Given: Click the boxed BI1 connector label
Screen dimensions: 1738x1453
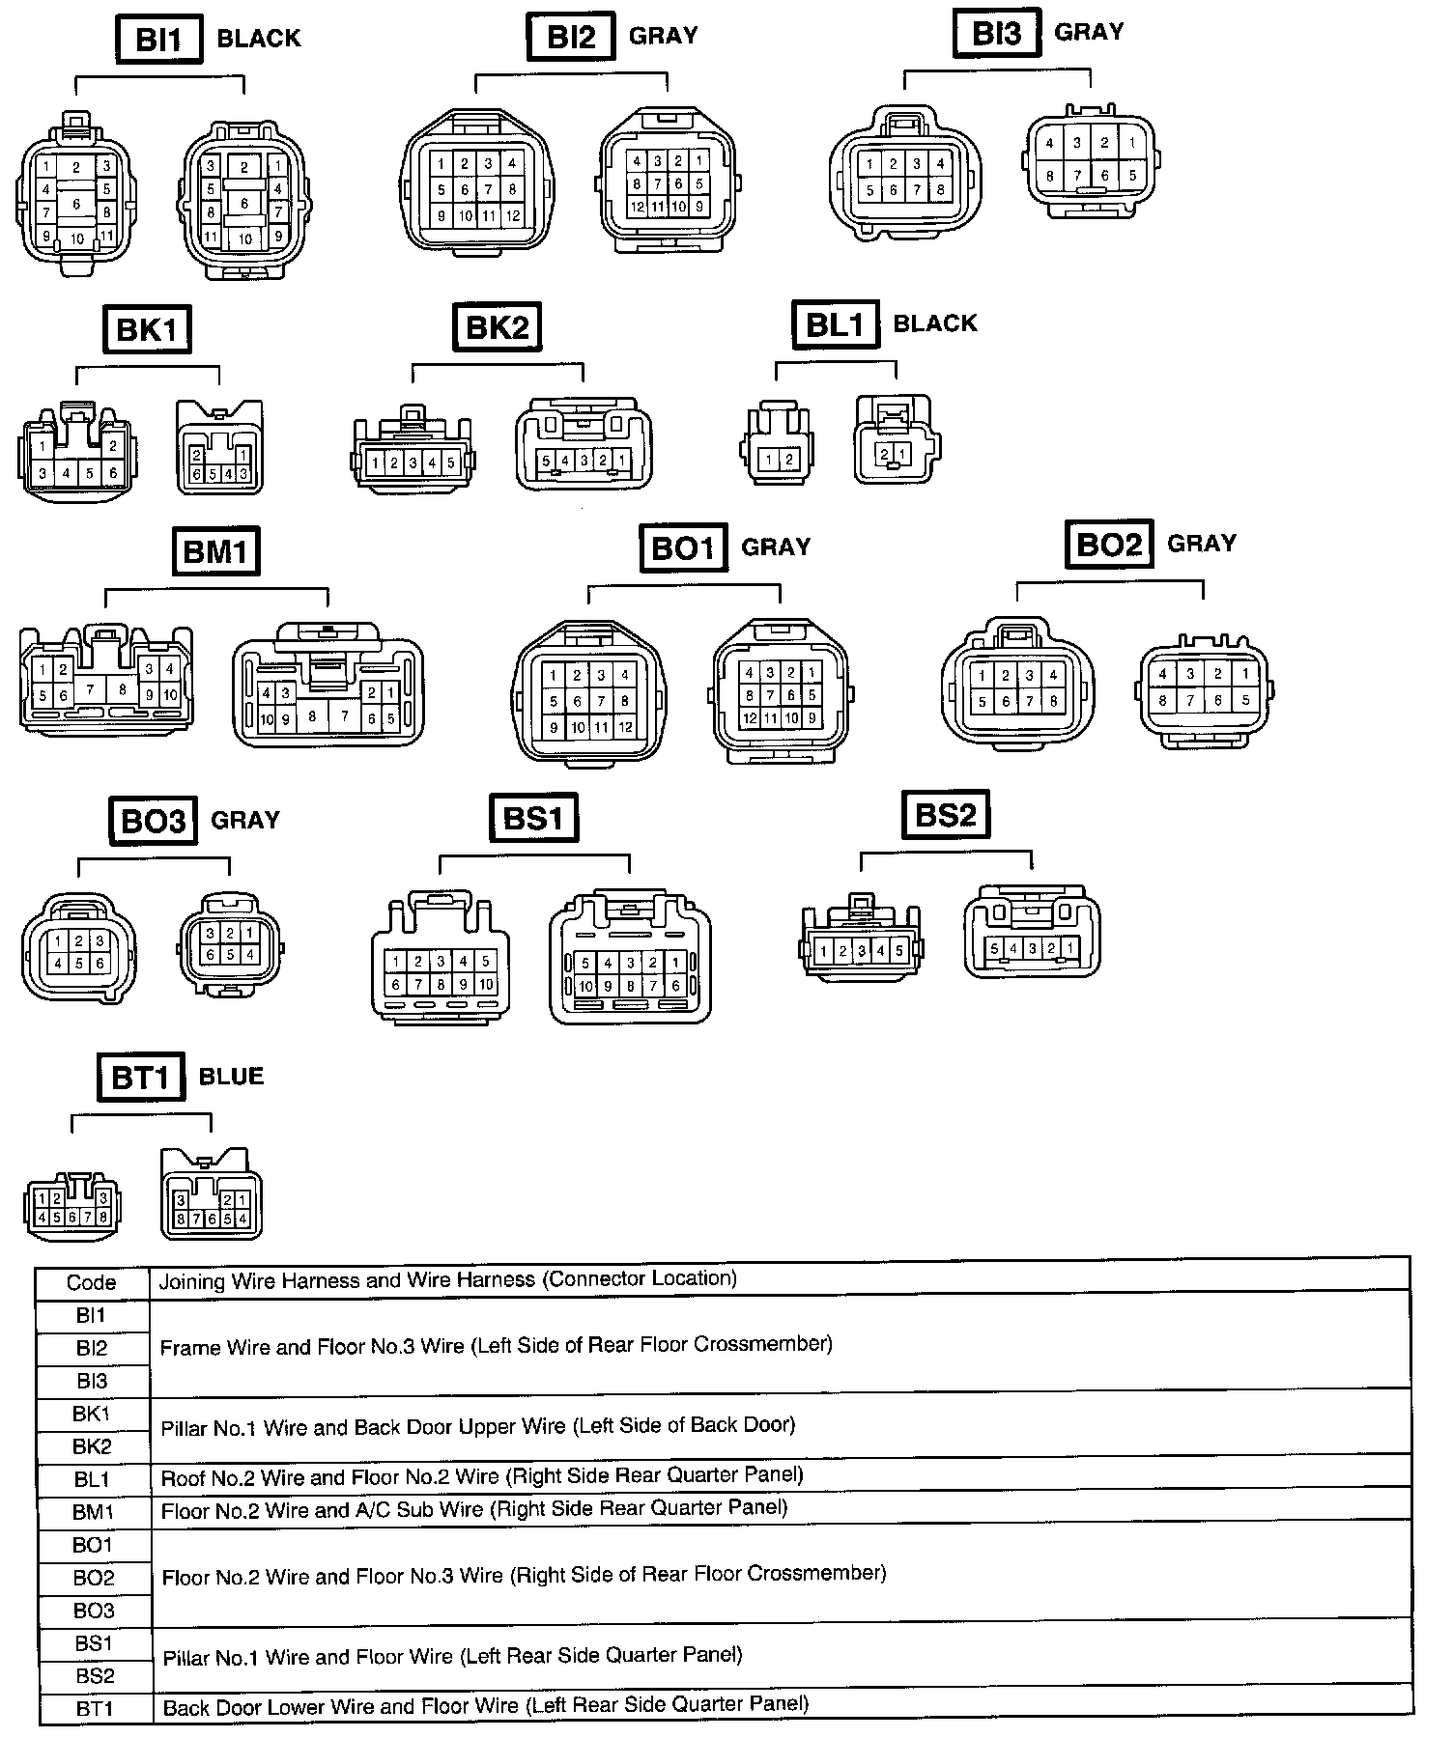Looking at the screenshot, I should [x=158, y=40].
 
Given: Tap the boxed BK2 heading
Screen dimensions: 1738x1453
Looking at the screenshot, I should [x=496, y=327].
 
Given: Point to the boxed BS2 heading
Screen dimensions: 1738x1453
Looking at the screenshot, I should [x=945, y=816].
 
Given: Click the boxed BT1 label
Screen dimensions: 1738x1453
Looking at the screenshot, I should [x=140, y=1077].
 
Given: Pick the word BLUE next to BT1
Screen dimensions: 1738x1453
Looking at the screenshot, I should [x=231, y=1077].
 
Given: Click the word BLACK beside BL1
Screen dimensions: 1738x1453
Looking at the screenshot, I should [x=934, y=323].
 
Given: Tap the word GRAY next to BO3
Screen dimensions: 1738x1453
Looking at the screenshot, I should [x=245, y=821].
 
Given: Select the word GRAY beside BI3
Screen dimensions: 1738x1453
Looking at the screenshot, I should [x=1089, y=32].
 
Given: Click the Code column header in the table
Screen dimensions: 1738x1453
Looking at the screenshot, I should [x=92, y=1283].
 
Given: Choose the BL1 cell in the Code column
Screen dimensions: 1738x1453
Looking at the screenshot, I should [x=93, y=1479].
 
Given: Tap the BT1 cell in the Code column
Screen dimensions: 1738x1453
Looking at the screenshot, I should [x=95, y=1709].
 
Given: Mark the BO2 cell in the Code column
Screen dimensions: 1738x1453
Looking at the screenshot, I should [x=93, y=1578].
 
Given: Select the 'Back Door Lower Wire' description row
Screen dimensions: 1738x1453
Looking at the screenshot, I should [x=485, y=1706].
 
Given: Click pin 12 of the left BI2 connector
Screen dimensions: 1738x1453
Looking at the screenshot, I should [x=513, y=216].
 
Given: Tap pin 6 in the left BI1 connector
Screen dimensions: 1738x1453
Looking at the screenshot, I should [x=76, y=205].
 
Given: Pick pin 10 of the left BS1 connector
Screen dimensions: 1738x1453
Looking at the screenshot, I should [x=486, y=985].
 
